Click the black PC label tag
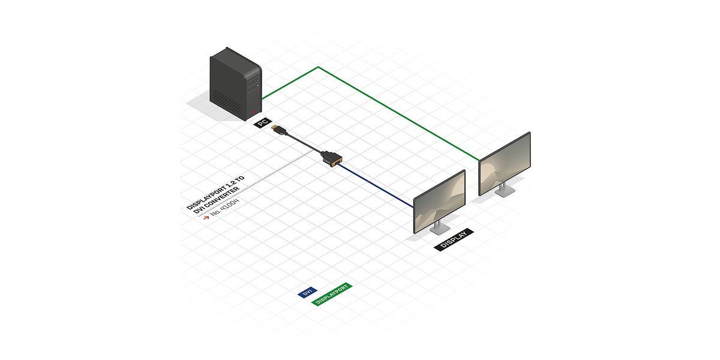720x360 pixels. pyautogui.click(x=262, y=123)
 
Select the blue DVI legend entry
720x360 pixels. pyautogui.click(x=307, y=292)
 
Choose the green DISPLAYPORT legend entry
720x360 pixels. pyautogui.click(x=331, y=295)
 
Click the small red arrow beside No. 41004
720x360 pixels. pyautogui.click(x=206, y=218)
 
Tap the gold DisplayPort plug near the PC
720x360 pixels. pyautogui.click(x=278, y=130)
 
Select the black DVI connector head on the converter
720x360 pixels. pyautogui.click(x=331, y=159)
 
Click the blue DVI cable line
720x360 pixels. pyautogui.click(x=378, y=187)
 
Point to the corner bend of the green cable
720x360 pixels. pyautogui.click(x=318, y=67)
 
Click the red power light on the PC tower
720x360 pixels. pyautogui.click(x=254, y=110)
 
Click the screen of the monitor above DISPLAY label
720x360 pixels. pyautogui.click(x=439, y=200)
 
